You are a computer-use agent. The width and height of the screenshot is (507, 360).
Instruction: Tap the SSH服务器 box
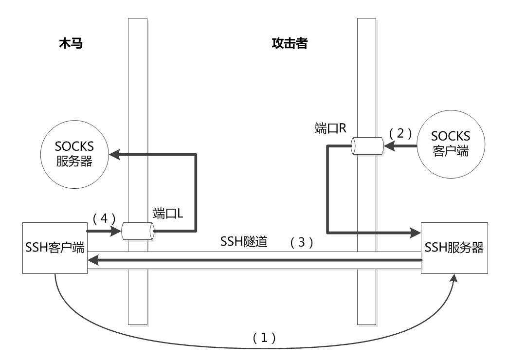[454, 247]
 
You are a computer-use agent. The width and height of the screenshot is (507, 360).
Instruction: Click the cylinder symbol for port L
[138, 231]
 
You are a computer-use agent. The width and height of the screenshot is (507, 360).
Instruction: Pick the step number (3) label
[301, 242]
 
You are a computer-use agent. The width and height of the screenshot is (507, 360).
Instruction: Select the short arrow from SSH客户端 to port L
[104, 231]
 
